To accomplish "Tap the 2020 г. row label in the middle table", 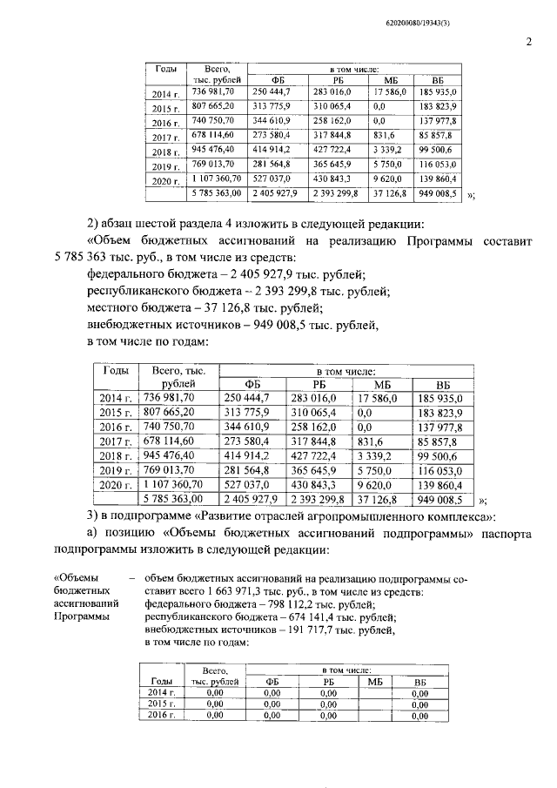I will click(119, 484).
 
